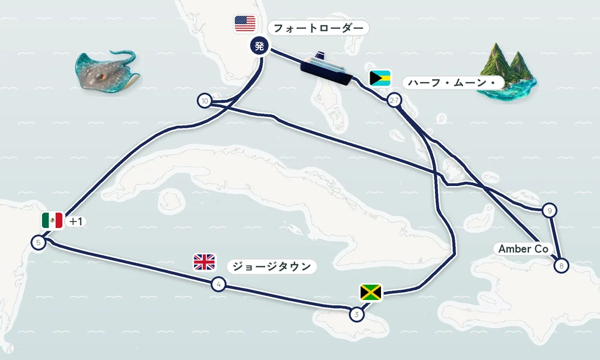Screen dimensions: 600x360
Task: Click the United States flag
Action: click(245, 24)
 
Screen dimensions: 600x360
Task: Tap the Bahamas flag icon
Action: click(380, 78)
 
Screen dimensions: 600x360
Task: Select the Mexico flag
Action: click(52, 220)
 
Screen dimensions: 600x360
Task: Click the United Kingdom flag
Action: click(205, 262)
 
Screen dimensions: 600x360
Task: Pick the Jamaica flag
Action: click(371, 293)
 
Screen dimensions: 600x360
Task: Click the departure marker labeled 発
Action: click(259, 46)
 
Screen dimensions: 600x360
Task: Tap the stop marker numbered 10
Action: click(205, 101)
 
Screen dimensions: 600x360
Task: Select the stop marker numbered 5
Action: click(38, 242)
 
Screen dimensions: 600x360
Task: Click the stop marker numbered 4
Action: click(218, 284)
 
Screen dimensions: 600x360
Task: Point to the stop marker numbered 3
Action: click(356, 314)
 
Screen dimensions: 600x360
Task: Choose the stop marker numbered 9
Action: click(550, 211)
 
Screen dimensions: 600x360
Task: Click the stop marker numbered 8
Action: click(562, 266)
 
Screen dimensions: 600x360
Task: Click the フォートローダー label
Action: click(319, 28)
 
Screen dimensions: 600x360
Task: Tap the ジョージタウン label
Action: click(272, 266)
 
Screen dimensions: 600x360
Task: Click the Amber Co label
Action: click(523, 249)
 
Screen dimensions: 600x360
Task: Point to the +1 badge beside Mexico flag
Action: click(76, 221)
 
